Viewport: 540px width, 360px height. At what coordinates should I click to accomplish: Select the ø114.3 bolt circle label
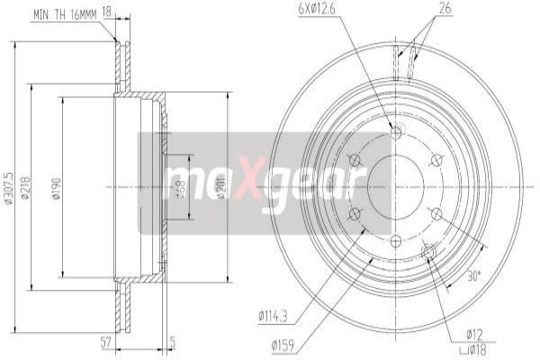tap(272, 316)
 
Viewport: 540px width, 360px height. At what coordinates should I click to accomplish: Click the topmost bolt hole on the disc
tap(396, 134)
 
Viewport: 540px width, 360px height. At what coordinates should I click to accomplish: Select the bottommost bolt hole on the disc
tap(396, 239)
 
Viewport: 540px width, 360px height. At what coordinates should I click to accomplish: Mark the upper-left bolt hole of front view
tap(354, 160)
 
